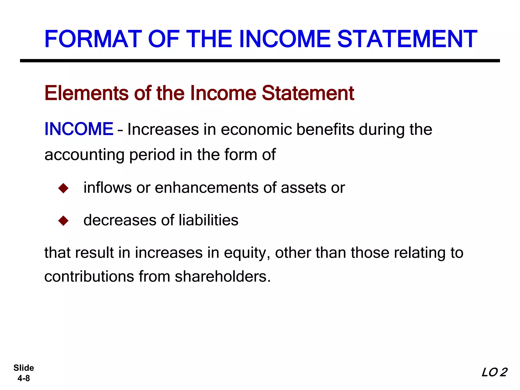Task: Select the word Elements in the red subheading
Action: click(86, 93)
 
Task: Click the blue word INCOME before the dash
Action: click(79, 129)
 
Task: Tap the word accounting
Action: click(84, 155)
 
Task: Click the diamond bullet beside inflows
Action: click(63, 188)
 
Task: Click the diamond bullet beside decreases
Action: click(63, 220)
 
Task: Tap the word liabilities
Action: click(208, 220)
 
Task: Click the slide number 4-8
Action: click(24, 378)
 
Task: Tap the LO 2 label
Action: click(494, 372)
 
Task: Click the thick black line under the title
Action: click(260, 61)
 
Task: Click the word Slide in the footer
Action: click(24, 368)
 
